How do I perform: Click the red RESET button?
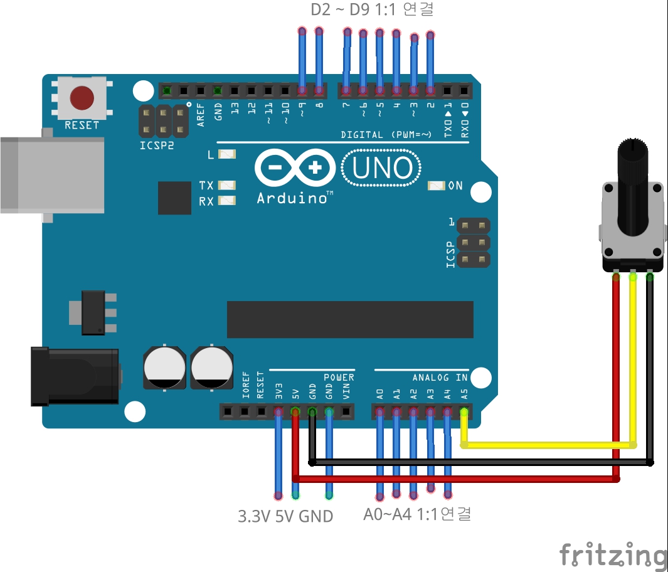(x=82, y=98)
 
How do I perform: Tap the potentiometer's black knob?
(x=634, y=188)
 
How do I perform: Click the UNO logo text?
(x=382, y=169)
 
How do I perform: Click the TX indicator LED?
(x=227, y=186)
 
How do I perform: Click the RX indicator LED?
(x=227, y=201)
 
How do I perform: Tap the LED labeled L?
(x=227, y=154)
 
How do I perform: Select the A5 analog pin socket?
(x=464, y=412)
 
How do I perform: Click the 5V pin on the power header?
(x=295, y=412)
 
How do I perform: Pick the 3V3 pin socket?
(x=278, y=412)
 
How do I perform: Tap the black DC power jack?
(x=75, y=376)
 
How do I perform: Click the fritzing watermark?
(x=613, y=555)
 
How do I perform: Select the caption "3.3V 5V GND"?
(x=285, y=516)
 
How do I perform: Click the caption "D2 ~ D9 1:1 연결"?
(x=372, y=10)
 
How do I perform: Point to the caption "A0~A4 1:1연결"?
(x=417, y=514)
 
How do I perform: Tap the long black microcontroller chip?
(x=350, y=319)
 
